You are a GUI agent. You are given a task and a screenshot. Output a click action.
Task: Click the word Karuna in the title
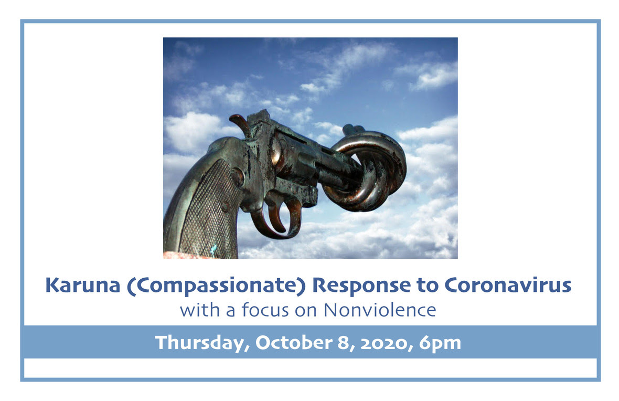82,285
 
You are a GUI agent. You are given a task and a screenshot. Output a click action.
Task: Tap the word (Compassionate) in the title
216,286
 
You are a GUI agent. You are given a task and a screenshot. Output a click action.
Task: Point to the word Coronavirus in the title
508,285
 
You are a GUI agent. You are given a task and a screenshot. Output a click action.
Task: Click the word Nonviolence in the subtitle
380,310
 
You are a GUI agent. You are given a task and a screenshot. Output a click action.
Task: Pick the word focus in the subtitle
265,310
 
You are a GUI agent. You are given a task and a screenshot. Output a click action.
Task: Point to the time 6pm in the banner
440,343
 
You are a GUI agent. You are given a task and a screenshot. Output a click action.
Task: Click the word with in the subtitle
200,310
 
